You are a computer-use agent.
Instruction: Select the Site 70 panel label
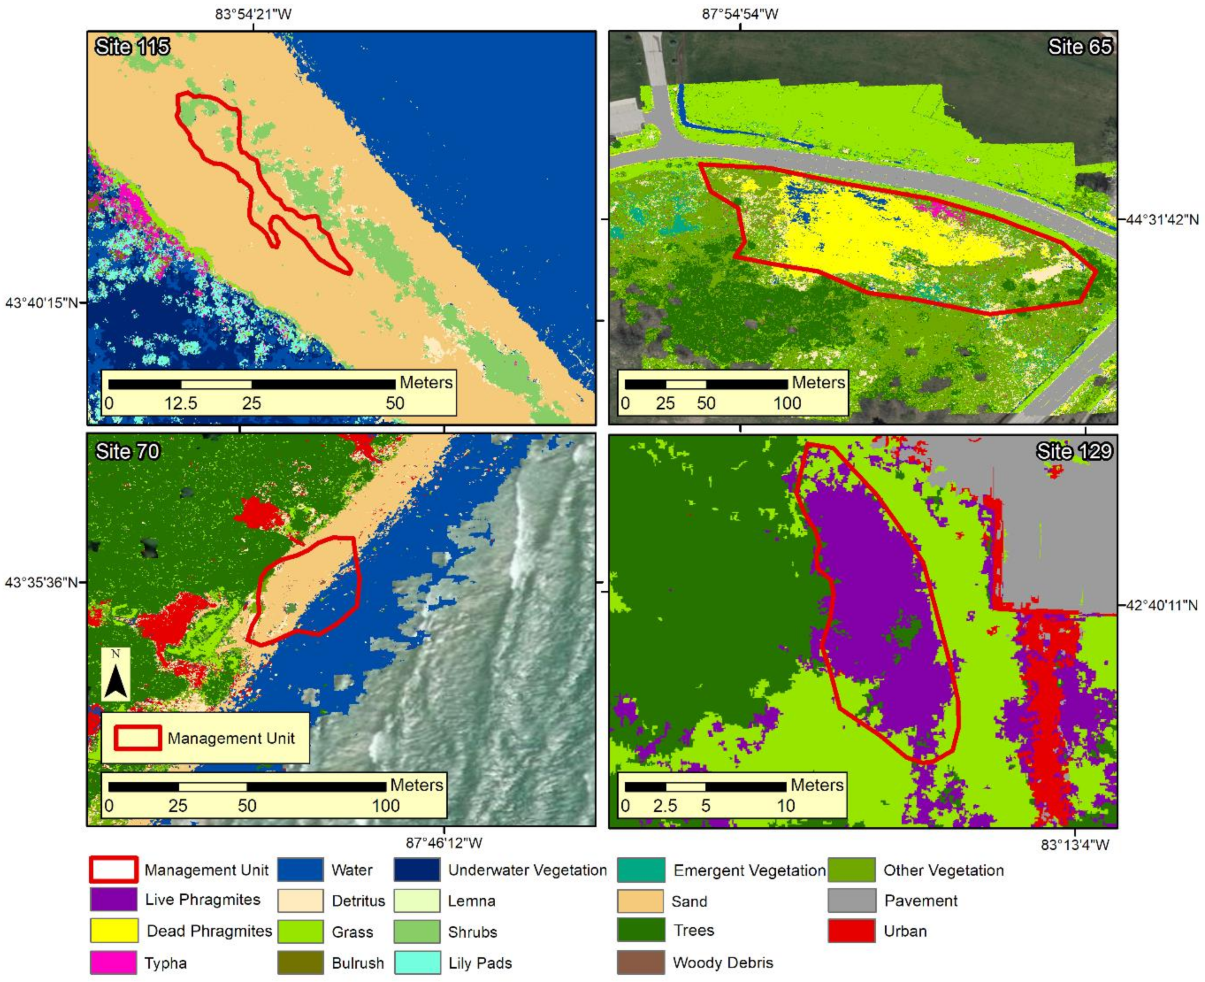pyautogui.click(x=128, y=451)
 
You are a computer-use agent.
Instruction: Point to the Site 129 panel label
pyautogui.click(x=1074, y=451)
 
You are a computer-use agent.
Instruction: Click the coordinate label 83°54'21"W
pyautogui.click(x=253, y=14)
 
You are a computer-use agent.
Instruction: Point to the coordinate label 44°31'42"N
pyautogui.click(x=1162, y=219)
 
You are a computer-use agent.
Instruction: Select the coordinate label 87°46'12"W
pyautogui.click(x=444, y=843)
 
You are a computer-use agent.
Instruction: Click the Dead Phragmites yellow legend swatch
pyautogui.click(x=113, y=931)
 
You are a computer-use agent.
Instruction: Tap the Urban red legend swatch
pyautogui.click(x=851, y=931)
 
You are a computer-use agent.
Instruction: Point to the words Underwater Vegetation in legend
pyautogui.click(x=527, y=870)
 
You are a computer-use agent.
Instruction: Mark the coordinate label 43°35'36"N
pyautogui.click(x=42, y=582)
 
